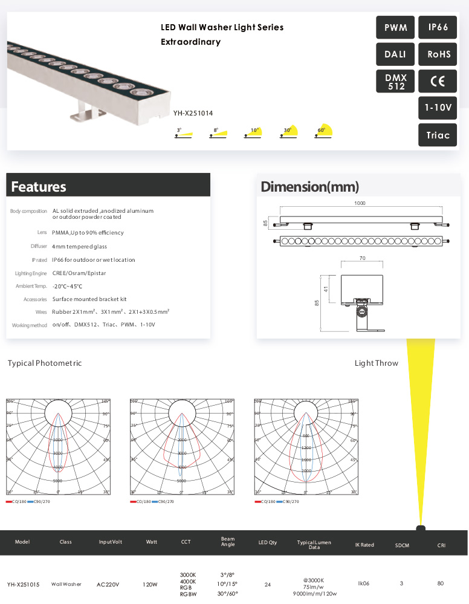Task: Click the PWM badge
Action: pos(396,28)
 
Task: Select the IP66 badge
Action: pos(438,28)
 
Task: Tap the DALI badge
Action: pos(396,54)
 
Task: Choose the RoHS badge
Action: pos(438,54)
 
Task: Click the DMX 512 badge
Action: pos(396,82)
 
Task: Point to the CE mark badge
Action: pos(438,82)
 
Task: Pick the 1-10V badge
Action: pos(438,108)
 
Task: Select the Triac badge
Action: pos(438,135)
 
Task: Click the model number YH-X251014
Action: pos(193,112)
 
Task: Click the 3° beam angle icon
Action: pos(183,133)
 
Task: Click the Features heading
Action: pos(39,187)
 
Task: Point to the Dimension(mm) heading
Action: pos(309,187)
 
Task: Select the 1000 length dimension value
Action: pos(360,204)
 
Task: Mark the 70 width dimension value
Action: pos(362,258)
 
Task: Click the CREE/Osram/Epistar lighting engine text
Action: pos(79,273)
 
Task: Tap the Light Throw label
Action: pos(376,363)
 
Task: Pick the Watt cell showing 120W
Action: pos(150,585)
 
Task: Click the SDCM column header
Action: pos(402,545)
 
